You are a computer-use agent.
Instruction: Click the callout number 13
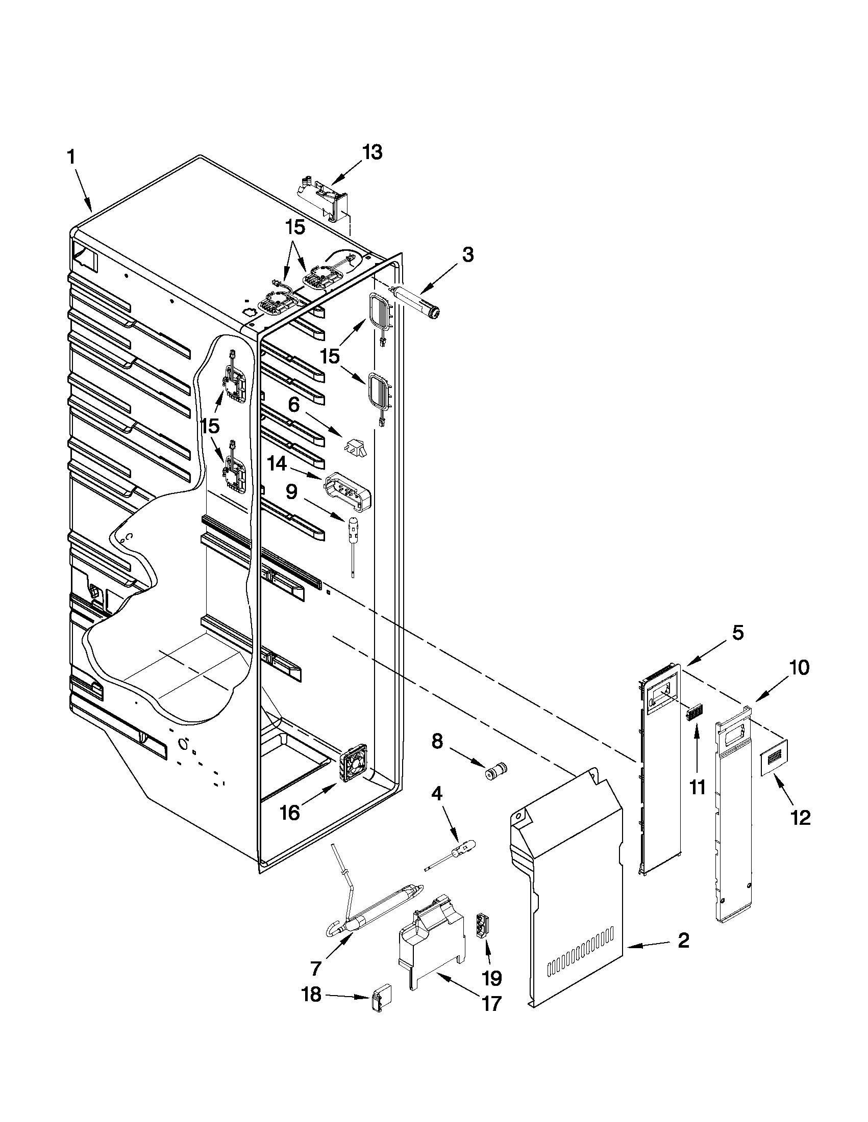pos(373,152)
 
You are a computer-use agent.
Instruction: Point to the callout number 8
pos(437,741)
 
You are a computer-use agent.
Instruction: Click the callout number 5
pos(737,633)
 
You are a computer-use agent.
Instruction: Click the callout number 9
pos(291,492)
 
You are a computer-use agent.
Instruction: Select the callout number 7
pos(316,968)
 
